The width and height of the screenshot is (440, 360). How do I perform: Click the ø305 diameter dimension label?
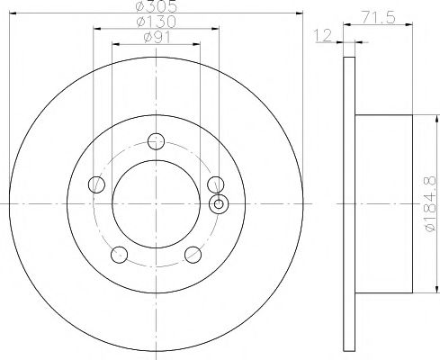pos(157,6)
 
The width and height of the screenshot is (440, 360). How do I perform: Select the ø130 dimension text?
pos(157,22)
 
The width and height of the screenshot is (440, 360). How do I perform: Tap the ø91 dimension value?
pos(157,38)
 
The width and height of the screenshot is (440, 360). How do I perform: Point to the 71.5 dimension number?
pos(379,17)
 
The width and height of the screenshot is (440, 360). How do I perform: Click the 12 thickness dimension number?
pos(323,35)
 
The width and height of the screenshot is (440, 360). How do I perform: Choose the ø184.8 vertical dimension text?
pos(430,204)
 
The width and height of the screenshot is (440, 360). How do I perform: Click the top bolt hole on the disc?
pos(157,141)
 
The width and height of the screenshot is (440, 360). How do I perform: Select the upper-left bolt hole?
pos(96,184)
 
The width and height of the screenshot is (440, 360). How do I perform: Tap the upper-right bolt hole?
pos(216,184)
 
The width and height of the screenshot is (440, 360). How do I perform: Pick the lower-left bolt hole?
pos(120,255)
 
